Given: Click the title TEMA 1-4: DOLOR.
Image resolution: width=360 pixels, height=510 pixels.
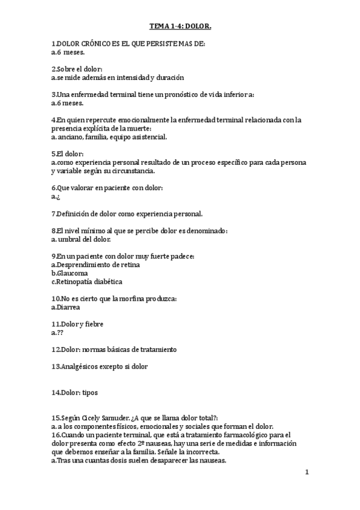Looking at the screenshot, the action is click(x=180, y=27).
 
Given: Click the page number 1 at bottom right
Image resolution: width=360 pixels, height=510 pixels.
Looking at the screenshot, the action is click(x=307, y=472).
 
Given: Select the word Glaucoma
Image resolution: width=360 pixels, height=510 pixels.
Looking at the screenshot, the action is click(x=72, y=273).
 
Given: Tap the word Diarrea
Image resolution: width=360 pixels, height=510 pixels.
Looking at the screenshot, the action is click(x=68, y=307).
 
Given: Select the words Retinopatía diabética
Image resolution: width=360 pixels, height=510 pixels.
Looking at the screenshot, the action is click(x=88, y=281).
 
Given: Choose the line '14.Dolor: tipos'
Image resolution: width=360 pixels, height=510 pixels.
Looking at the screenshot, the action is click(x=75, y=393).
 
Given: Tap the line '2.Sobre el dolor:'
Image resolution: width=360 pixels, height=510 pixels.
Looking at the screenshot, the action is click(x=77, y=69).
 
